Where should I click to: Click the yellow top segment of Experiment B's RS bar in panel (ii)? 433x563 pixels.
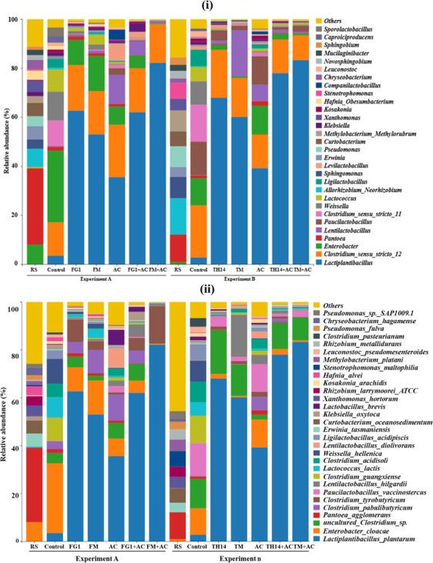[x=179, y=355]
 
